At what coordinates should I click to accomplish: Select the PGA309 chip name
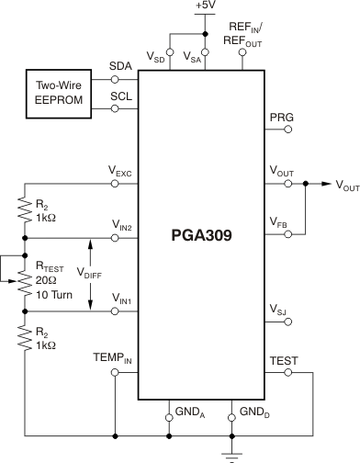pyautogui.click(x=200, y=235)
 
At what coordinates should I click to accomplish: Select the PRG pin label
pyautogui.click(x=280, y=118)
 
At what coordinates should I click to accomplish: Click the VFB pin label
pyautogui.click(x=280, y=221)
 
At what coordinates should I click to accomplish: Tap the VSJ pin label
pyautogui.click(x=280, y=307)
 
